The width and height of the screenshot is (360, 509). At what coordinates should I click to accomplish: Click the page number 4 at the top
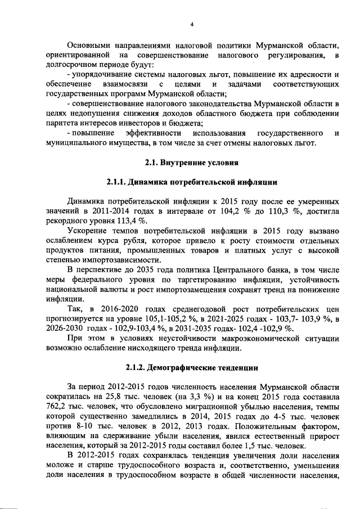(191, 24)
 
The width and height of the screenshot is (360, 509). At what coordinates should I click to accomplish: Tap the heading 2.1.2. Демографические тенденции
(192, 368)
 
